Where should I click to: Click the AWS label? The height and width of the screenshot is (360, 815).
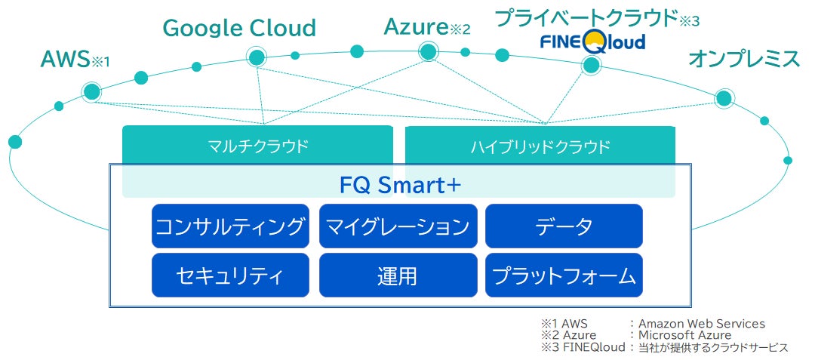pos(66,60)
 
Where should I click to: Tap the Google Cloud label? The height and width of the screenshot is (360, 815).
pos(239,29)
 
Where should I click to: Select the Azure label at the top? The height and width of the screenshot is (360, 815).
pos(417,27)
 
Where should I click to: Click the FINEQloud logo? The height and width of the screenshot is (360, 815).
pos(593,41)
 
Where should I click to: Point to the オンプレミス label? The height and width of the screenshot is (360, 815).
pos(743,60)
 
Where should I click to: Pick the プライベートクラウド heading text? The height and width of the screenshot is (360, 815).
pos(586,16)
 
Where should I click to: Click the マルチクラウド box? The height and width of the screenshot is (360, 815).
pos(257,146)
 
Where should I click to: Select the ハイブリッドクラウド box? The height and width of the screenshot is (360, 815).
pos(540,146)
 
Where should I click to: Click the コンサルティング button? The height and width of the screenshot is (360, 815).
pos(230,226)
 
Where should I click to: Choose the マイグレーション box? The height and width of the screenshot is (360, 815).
pos(398,226)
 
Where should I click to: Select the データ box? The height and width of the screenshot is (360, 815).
pos(564,226)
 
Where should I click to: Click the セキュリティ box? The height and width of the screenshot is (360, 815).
pos(230,275)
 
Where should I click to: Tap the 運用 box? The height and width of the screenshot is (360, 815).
pos(398,275)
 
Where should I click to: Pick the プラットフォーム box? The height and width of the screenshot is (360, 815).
pos(564,275)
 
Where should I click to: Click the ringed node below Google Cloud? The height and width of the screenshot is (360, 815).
pos(257,57)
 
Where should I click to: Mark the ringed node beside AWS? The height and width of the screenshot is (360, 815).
pos(92,92)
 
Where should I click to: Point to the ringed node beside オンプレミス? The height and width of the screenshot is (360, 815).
pos(724,98)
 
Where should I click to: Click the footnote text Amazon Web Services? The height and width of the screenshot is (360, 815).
pos(702,324)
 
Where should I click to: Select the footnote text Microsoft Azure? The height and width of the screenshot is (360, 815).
pos(684,335)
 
